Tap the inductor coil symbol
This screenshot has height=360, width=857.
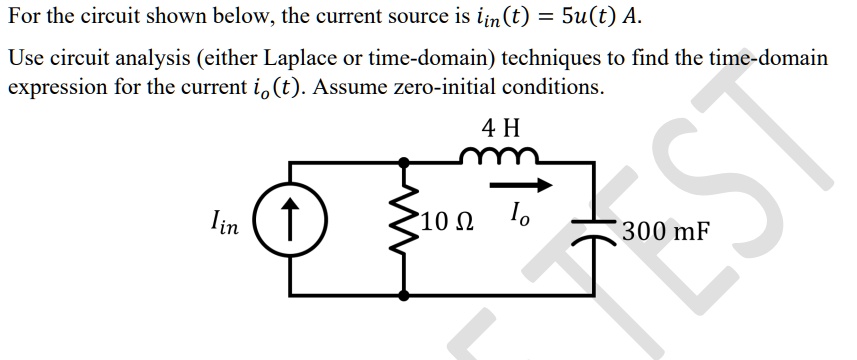pyautogui.click(x=501, y=155)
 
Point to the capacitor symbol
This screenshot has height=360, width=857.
pyautogui.click(x=596, y=229)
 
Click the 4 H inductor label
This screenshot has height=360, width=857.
pyautogui.click(x=500, y=127)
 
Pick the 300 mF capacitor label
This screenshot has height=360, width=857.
pyautogui.click(x=666, y=232)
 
